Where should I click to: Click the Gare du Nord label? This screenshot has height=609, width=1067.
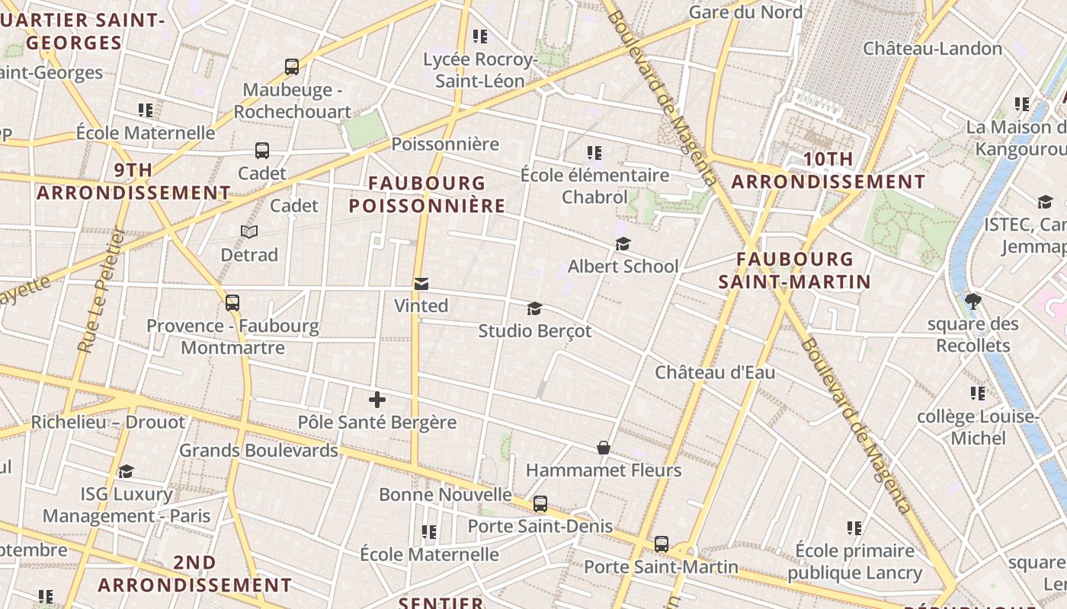click(x=745, y=12)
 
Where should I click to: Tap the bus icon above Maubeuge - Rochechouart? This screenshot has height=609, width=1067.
click(x=292, y=67)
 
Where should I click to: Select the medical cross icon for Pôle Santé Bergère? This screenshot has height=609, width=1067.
click(x=376, y=400)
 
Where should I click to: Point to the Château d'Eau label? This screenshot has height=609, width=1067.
click(x=715, y=372)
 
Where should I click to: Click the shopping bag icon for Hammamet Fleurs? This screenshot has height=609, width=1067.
click(x=604, y=448)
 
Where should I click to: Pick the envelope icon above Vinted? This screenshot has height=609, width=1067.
click(x=421, y=284)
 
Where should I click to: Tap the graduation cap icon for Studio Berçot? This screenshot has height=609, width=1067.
click(x=535, y=309)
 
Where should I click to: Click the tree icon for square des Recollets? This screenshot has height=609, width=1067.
click(x=972, y=301)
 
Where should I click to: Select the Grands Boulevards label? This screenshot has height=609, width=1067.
click(x=258, y=451)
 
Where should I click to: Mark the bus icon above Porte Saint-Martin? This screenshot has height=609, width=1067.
click(x=662, y=544)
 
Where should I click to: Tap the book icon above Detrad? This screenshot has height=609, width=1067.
click(x=249, y=231)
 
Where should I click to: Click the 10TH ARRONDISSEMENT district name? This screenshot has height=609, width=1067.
click(x=828, y=171)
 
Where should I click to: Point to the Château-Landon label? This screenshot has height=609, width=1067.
click(x=933, y=49)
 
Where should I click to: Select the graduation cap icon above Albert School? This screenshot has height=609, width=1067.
click(x=623, y=244)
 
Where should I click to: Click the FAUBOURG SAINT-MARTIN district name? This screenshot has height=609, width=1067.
click(x=795, y=270)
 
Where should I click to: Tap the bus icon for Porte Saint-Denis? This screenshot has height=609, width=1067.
click(x=540, y=504)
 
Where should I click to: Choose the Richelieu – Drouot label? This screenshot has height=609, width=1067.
click(x=107, y=422)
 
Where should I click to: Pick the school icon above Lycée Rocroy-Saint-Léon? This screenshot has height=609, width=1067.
click(x=480, y=36)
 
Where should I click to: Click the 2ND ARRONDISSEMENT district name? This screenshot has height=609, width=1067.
click(x=195, y=573)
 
